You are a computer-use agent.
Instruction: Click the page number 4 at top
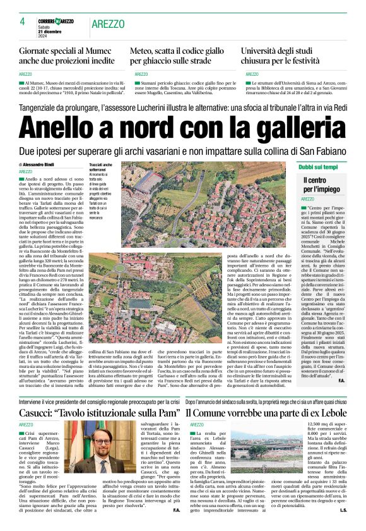pos(22,21)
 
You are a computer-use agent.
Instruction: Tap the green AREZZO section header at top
pos(108,23)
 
